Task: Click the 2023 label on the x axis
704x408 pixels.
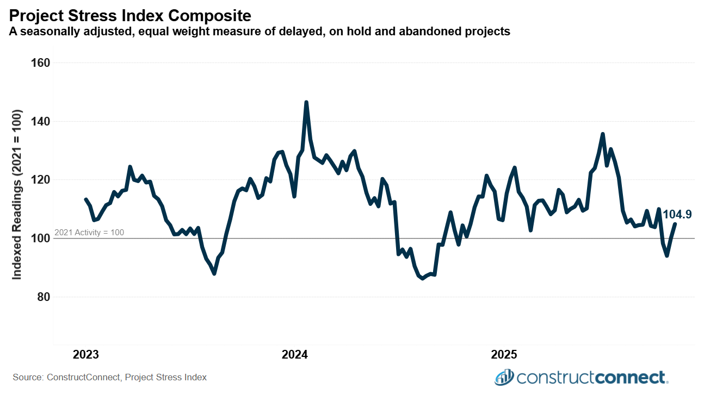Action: [85, 355]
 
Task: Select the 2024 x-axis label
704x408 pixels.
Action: [294, 355]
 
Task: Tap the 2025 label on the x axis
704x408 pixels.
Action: [504, 355]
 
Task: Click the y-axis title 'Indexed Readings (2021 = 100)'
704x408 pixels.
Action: [17, 195]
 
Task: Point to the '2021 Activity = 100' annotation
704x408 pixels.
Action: [89, 233]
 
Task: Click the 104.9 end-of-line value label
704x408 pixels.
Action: [677, 215]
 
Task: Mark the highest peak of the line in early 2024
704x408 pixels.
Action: [306, 102]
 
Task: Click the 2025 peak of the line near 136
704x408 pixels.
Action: [602, 134]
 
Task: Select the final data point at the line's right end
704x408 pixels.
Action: [675, 224]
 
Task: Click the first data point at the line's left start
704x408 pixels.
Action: [85, 199]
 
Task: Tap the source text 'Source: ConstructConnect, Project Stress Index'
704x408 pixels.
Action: [109, 377]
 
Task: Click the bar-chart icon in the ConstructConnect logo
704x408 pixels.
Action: [504, 376]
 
